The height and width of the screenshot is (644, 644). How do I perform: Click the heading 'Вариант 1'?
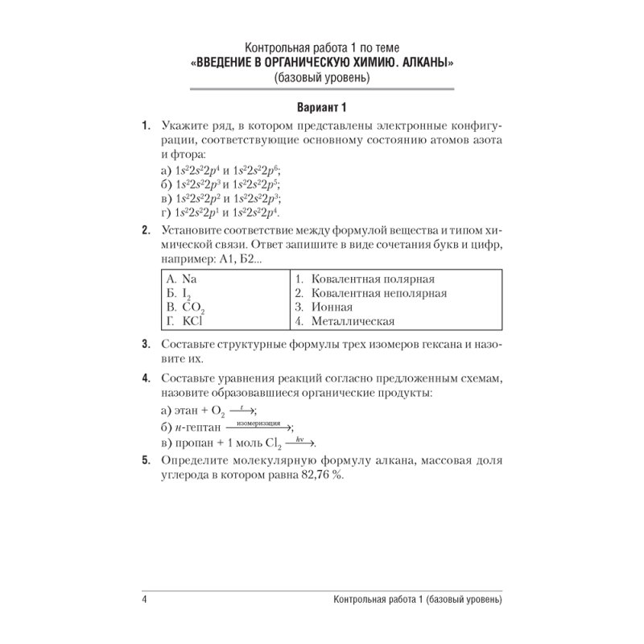[321, 107]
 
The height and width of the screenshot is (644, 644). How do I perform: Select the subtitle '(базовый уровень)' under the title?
[321, 78]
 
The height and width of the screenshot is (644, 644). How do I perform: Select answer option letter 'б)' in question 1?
[167, 184]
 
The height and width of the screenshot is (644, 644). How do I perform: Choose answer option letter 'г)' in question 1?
[167, 213]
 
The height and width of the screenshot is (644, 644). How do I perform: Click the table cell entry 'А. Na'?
[181, 279]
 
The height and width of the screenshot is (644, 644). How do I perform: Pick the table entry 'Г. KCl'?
[184, 321]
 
